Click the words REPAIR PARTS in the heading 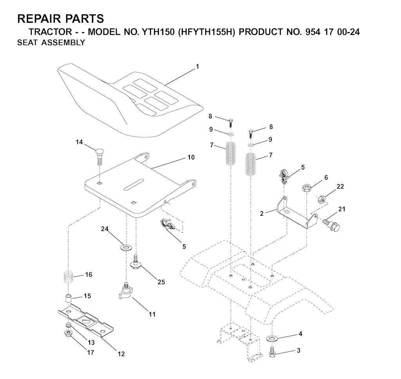pyautogui.click(x=61, y=19)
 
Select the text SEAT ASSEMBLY pyautogui.click(x=51, y=42)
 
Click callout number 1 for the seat pyautogui.click(x=197, y=67)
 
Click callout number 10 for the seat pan pyautogui.click(x=191, y=157)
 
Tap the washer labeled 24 pyautogui.click(x=126, y=247)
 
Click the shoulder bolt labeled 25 pyautogui.click(x=136, y=261)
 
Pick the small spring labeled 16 pyautogui.click(x=68, y=277)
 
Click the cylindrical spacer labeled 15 pyautogui.click(x=68, y=299)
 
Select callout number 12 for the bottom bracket pyautogui.click(x=121, y=354)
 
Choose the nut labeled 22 pyautogui.click(x=322, y=199)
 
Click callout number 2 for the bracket pyautogui.click(x=262, y=213)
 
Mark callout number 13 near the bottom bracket pyautogui.click(x=91, y=343)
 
